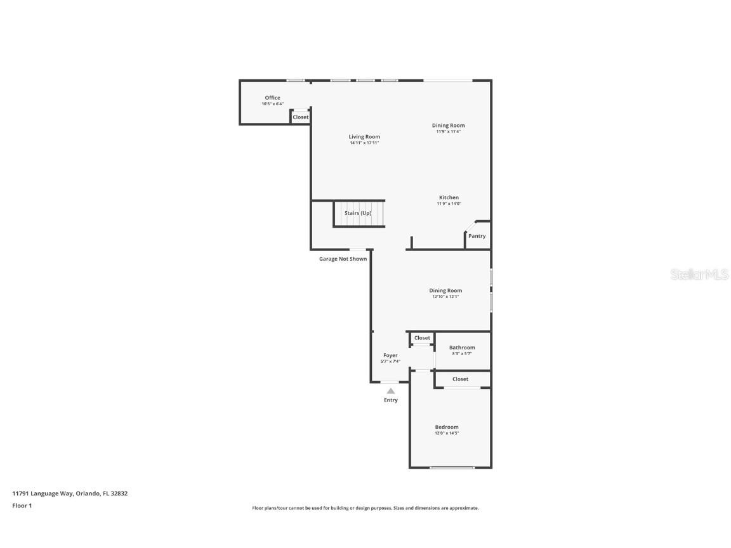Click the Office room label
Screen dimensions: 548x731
click(x=272, y=98)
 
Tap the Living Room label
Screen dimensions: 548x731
click(x=364, y=136)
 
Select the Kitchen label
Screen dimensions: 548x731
click(x=449, y=197)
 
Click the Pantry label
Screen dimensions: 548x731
click(x=477, y=236)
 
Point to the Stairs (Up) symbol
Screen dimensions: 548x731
click(x=359, y=213)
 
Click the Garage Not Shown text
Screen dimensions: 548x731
click(x=343, y=259)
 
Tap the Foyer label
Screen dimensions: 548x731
click(x=390, y=355)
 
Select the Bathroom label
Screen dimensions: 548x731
click(x=462, y=348)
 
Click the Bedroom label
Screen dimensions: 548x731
click(x=447, y=427)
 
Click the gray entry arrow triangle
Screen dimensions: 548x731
click(x=391, y=391)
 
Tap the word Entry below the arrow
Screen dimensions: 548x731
click(x=391, y=400)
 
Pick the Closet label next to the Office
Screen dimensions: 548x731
click(x=301, y=117)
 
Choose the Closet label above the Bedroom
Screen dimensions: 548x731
click(x=461, y=379)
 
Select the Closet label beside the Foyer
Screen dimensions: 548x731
click(x=422, y=338)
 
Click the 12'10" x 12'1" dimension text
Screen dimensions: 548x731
click(x=445, y=297)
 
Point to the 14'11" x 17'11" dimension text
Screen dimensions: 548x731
click(x=364, y=143)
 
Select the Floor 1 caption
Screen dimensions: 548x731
click(x=22, y=506)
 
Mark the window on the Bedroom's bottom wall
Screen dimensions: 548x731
click(x=452, y=467)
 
